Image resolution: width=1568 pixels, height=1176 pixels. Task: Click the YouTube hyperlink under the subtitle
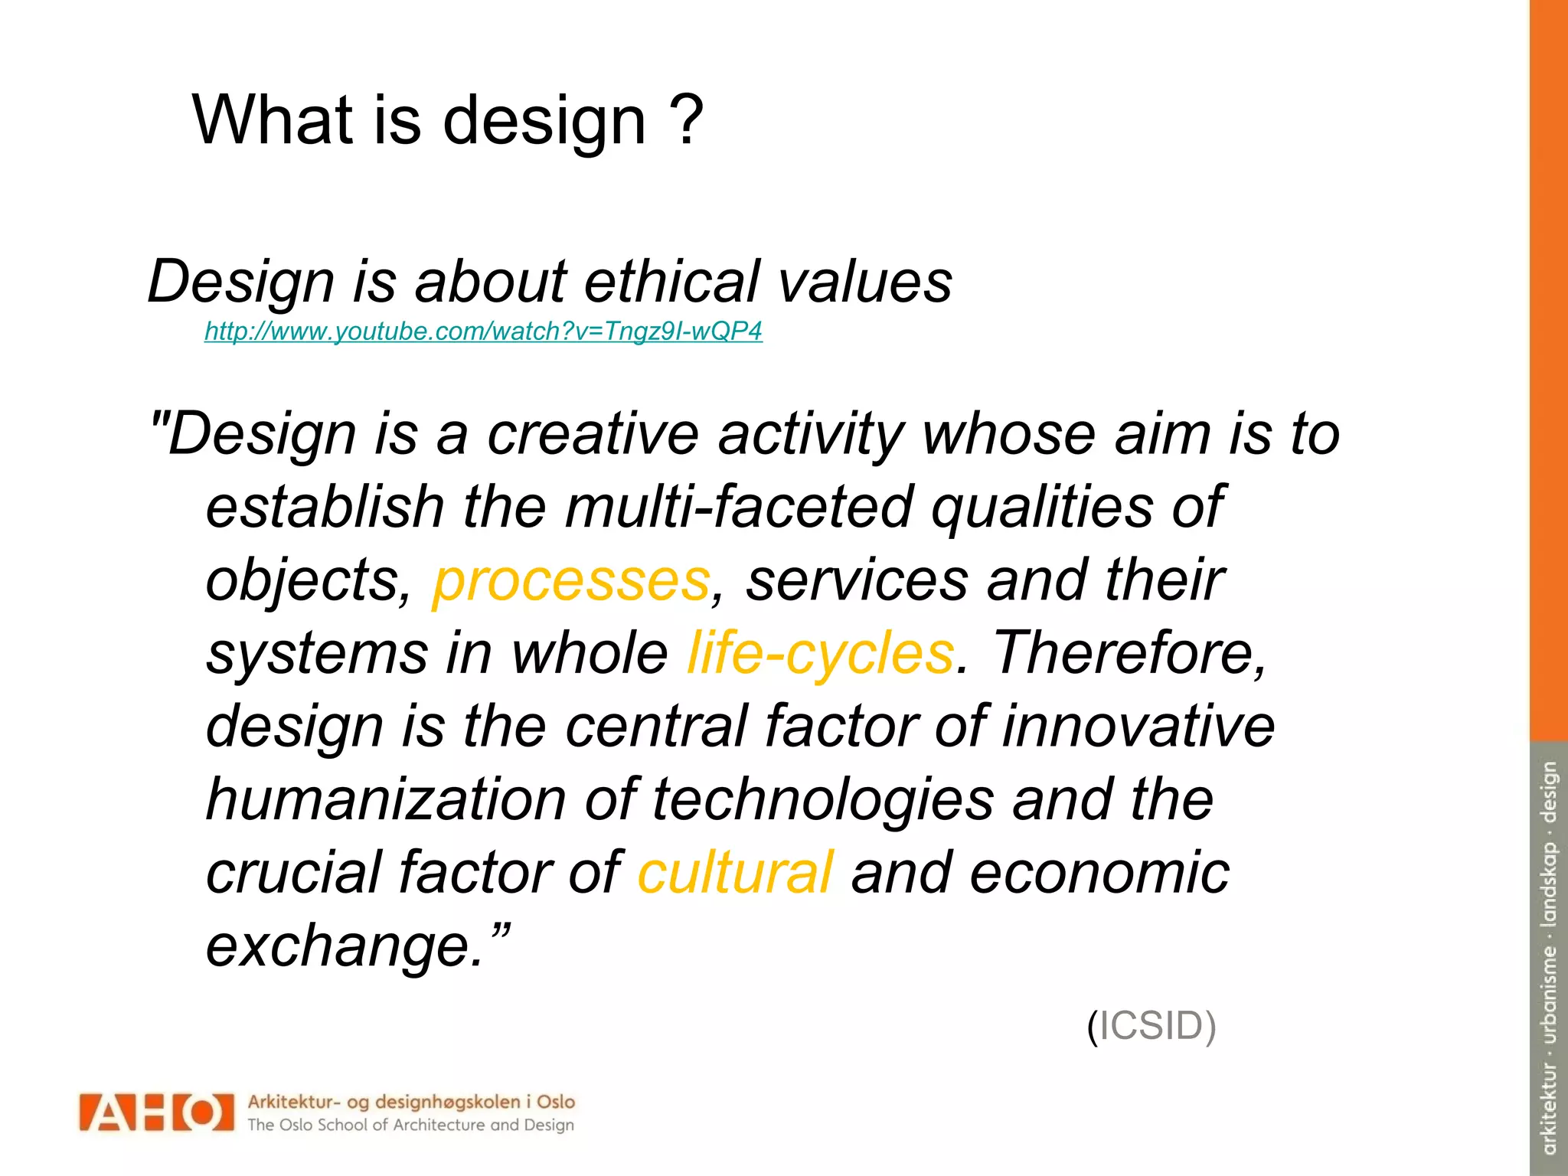tap(483, 332)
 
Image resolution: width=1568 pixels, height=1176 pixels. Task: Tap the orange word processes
tap(571, 581)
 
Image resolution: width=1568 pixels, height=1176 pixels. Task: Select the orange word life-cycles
tap(820, 654)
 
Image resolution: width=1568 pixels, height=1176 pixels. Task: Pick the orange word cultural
tap(735, 873)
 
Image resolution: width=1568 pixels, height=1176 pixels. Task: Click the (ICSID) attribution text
tap(1151, 1026)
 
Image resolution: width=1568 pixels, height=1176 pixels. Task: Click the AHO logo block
tap(156, 1112)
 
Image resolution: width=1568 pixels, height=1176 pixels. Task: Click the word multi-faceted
tap(739, 508)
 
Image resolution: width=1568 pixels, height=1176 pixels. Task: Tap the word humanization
tap(386, 800)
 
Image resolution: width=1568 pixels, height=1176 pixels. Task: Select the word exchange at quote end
tap(345, 946)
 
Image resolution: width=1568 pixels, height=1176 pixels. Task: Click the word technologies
tap(823, 800)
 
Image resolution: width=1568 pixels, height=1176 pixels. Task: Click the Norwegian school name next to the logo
tap(410, 1102)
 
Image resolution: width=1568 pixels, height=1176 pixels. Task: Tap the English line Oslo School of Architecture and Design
tap(410, 1125)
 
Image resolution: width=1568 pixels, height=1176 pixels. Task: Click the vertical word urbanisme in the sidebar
tap(1549, 995)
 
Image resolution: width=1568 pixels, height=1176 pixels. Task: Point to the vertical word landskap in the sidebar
tap(1549, 885)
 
